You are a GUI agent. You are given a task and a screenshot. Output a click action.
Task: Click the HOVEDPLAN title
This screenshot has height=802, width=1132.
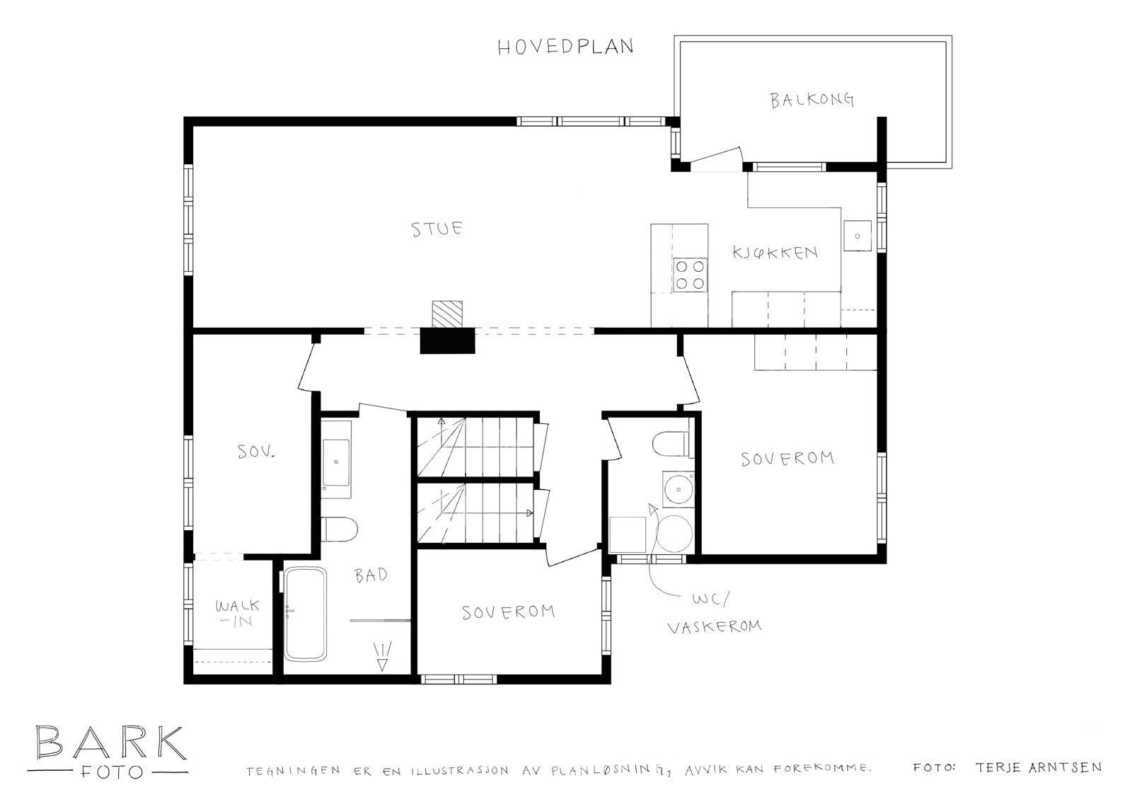point(565,47)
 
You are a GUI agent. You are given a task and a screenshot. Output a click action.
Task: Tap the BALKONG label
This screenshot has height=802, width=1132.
point(812,100)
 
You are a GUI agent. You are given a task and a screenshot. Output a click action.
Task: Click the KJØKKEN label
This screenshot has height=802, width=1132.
point(775,253)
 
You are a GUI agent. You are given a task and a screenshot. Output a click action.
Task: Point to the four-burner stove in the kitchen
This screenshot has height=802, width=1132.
point(690,275)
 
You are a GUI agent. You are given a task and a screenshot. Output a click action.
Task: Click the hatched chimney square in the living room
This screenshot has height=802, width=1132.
point(448,314)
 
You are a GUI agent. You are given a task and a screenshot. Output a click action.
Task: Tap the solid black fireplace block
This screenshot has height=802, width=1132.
point(447,341)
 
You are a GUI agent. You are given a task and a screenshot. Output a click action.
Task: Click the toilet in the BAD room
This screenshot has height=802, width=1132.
point(338,529)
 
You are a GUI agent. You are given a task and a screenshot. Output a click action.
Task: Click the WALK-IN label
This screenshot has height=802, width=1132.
point(237,613)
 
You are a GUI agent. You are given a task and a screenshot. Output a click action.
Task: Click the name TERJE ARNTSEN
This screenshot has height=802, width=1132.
point(1037,767)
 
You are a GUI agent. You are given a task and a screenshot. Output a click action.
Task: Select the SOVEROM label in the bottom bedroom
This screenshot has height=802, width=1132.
point(508,612)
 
